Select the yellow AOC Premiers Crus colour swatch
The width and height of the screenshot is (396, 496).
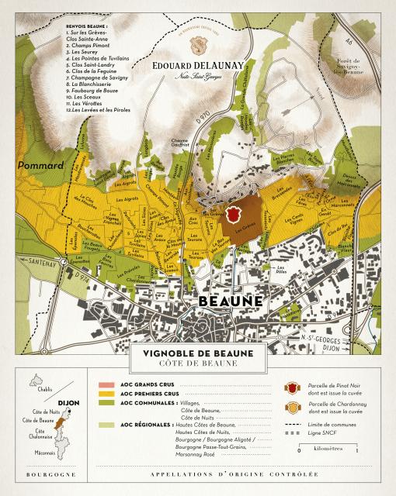(106, 394)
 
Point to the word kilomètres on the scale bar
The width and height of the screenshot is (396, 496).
(347, 448)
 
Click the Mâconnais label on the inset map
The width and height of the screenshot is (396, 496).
(43, 453)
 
